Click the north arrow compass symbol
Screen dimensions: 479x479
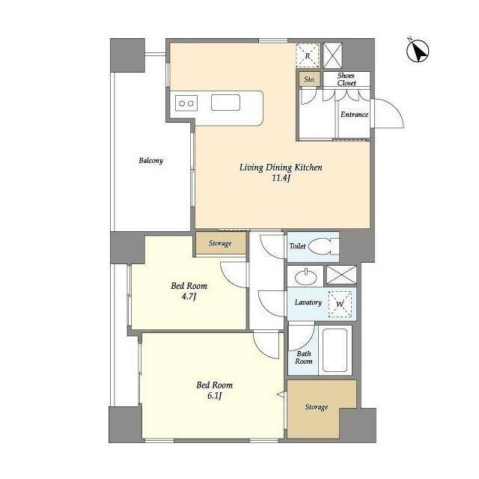pyautogui.click(x=418, y=51)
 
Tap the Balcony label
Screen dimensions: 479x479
pyautogui.click(x=151, y=161)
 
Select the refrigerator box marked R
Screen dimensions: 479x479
pyautogui.click(x=308, y=55)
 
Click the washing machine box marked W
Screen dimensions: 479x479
pyautogui.click(x=340, y=304)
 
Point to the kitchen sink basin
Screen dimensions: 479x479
pyautogui.click(x=225, y=103)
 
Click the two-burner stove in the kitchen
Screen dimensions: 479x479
pyautogui.click(x=186, y=103)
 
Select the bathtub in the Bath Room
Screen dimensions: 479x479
pyautogui.click(x=335, y=350)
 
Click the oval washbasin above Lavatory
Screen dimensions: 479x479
pyautogui.click(x=306, y=277)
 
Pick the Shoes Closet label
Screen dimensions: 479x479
pyautogui.click(x=347, y=79)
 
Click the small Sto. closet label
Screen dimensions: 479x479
pyautogui.click(x=309, y=79)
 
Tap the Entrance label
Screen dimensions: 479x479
pyautogui.click(x=354, y=115)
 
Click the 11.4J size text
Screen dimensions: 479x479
pyautogui.click(x=281, y=178)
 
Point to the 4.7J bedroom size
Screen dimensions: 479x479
pyautogui.click(x=189, y=296)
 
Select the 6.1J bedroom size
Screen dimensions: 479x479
pyautogui.click(x=214, y=396)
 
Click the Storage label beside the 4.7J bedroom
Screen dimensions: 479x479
pyautogui.click(x=220, y=243)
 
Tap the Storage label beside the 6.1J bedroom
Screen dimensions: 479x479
pyautogui.click(x=316, y=407)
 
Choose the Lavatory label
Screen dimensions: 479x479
pyautogui.click(x=308, y=302)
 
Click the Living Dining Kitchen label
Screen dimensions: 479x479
pyautogui.click(x=281, y=168)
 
